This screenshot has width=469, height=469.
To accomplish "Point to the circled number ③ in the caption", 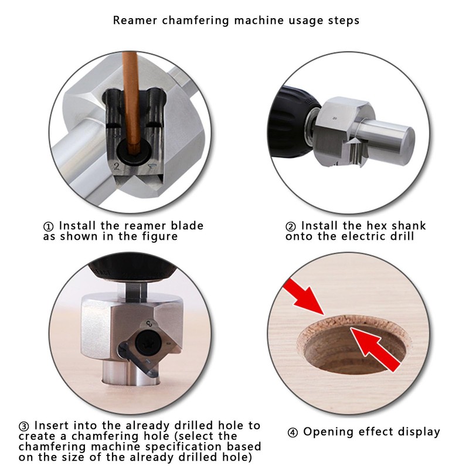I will [x=24, y=426].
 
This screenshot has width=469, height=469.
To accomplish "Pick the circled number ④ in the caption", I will [x=293, y=433].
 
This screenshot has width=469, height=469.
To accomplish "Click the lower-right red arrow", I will [x=375, y=348].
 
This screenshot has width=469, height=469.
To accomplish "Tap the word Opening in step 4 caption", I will [x=327, y=433].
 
